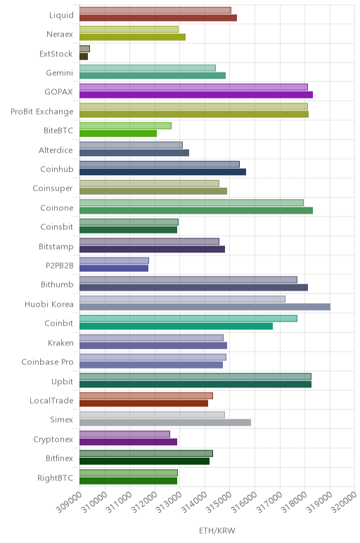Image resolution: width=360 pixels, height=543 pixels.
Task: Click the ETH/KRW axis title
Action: (217, 530)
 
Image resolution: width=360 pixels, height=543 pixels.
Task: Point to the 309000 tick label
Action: (70, 502)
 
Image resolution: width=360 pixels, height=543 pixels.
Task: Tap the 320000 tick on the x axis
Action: (344, 502)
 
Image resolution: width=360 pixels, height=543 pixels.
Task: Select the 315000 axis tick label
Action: (219, 502)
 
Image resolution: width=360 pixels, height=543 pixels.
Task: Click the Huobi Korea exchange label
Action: (49, 304)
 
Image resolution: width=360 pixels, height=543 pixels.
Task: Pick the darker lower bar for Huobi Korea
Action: (205, 307)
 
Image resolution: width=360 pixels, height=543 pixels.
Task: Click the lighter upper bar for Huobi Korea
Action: (182, 299)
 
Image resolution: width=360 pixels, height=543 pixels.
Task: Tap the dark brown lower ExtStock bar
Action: (84, 56)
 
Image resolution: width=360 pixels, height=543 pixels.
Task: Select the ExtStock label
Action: (56, 53)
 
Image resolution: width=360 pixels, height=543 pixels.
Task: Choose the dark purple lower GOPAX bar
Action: (196, 95)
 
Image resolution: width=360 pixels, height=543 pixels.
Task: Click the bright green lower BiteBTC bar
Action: (118, 134)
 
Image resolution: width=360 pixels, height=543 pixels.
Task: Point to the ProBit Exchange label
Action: (42, 112)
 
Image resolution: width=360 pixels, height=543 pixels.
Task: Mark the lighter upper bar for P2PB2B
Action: (114, 260)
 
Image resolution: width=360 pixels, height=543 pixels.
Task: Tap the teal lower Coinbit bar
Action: (176, 326)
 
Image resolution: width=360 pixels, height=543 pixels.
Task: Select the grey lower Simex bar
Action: (165, 423)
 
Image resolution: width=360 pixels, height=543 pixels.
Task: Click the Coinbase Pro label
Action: (47, 362)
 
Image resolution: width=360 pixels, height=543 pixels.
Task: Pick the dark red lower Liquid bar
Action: (158, 18)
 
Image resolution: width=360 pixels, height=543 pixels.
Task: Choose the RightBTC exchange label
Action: (56, 478)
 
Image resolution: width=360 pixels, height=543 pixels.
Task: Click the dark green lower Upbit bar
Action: (195, 384)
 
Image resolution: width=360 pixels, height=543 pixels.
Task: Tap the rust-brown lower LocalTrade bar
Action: (144, 404)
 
